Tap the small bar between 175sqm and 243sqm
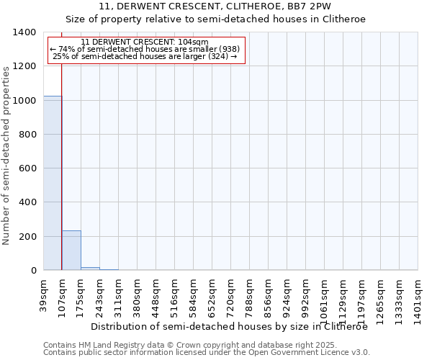tap(90, 269)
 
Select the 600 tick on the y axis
tap(27, 168)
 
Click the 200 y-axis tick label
tap(27, 237)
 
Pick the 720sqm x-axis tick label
tap(230, 295)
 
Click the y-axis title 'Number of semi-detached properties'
tap(7, 155)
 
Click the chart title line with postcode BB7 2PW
tap(215, 6)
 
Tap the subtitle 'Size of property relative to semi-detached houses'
tap(215, 19)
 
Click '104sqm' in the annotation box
tap(194, 42)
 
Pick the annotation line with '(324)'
tap(145, 56)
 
